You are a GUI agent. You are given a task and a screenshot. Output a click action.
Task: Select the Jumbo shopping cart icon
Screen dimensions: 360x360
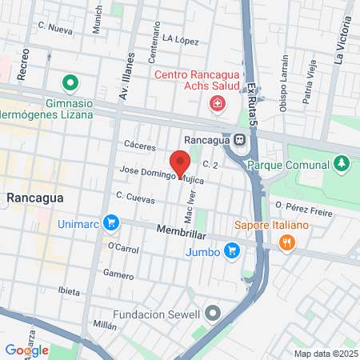(232, 251)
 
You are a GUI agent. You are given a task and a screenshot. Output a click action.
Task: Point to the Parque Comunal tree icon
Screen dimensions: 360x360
(342, 164)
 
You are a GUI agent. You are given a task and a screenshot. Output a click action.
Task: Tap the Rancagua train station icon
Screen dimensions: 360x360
(239, 140)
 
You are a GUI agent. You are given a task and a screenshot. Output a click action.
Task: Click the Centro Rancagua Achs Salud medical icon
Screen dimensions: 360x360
(216, 103)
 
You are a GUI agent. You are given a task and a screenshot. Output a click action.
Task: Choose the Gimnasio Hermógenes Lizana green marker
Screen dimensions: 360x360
(70, 82)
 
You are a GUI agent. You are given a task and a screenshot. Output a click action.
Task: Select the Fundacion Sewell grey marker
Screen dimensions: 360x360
(212, 313)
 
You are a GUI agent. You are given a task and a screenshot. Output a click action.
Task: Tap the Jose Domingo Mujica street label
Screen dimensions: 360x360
(161, 175)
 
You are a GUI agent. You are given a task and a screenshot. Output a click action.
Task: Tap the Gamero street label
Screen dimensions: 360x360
(118, 274)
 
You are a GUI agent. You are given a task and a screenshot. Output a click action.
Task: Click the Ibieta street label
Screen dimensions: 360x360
(69, 291)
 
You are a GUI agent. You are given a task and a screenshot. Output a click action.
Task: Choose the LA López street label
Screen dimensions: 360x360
(179, 38)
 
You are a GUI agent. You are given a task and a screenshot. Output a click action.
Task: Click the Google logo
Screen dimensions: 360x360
(26, 350)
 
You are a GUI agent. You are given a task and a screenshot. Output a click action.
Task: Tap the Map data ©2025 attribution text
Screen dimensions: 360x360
(324, 354)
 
